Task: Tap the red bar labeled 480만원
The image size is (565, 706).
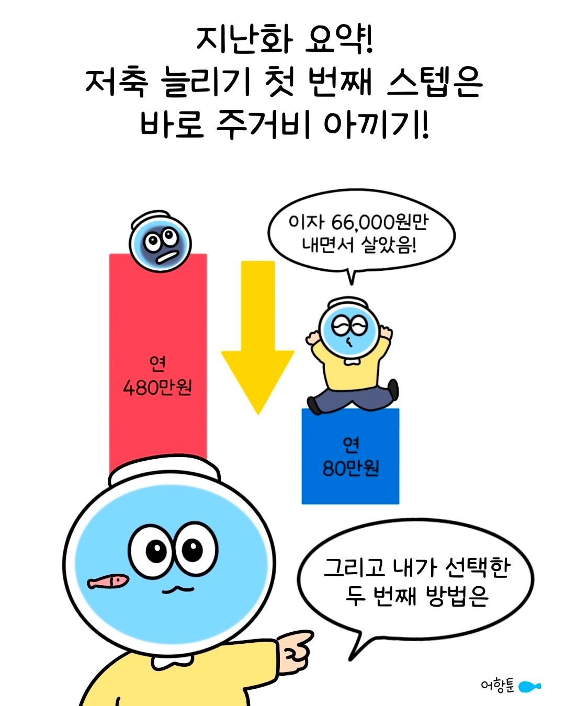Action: pos(157,324)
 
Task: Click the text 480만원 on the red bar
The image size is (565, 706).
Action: pos(157,388)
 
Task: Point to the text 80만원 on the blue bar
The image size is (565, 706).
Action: pos(350,468)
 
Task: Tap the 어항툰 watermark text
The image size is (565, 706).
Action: pos(498,686)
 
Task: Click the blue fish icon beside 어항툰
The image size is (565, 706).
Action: pos(529,686)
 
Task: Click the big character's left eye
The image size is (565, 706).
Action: pos(155,550)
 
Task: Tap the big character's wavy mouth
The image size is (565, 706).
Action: pos(177,590)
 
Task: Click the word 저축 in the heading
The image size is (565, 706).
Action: pos(117,82)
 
